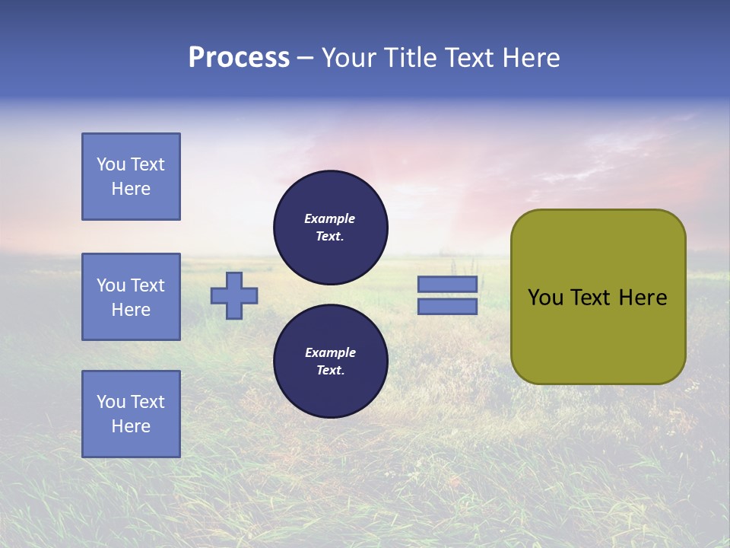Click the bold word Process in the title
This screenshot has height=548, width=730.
click(239, 58)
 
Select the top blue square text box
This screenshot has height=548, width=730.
click(131, 177)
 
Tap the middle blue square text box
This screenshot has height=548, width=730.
click(131, 297)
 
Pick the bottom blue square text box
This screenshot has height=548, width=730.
click(131, 414)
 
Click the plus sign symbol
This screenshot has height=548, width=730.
click(234, 295)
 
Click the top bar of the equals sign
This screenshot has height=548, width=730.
click(447, 284)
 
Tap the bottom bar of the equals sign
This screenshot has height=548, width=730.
click(447, 307)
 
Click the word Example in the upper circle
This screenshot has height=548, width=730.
click(330, 218)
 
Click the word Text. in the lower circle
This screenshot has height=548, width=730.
click(330, 371)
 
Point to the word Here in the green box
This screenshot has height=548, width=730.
click(643, 298)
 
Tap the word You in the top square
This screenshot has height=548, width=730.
click(110, 164)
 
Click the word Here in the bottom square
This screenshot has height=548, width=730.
click(131, 426)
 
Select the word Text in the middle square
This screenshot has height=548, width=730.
click(148, 285)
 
